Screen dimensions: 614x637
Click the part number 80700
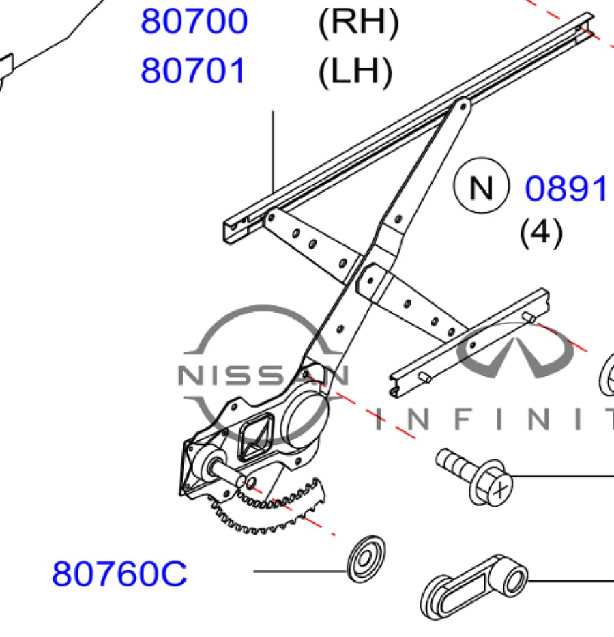[x=194, y=21]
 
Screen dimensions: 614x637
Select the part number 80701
[x=193, y=70]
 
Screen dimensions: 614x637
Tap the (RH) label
[x=359, y=23]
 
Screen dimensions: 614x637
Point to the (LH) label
[x=355, y=72]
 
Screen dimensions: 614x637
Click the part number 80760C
[x=119, y=574]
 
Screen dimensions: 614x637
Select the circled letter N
[x=481, y=186]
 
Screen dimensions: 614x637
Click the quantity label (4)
[x=542, y=232]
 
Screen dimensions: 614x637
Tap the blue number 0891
[x=566, y=188]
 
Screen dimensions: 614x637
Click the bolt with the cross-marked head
[x=474, y=476]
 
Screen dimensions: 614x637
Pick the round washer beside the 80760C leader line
[x=366, y=559]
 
